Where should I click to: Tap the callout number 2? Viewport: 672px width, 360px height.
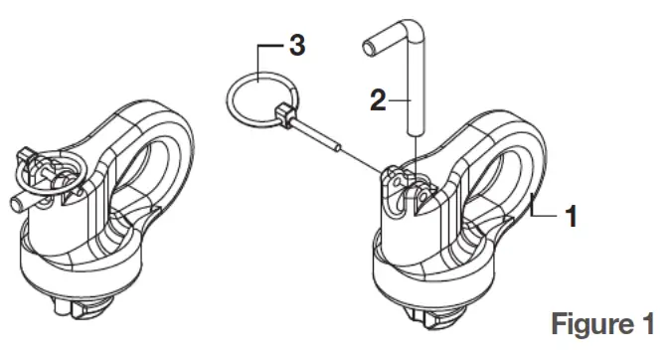375,98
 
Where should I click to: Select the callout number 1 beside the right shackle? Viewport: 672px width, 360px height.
570,216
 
